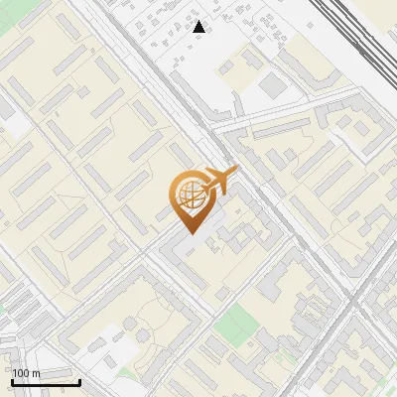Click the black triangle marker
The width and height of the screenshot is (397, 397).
coord(199,27)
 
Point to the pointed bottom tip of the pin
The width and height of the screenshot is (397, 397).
coord(189,234)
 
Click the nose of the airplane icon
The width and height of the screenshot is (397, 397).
coord(236,170)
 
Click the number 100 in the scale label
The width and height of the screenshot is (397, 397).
coord(21,373)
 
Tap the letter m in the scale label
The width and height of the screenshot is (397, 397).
coord(36,373)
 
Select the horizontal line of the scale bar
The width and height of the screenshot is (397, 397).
coord(46,382)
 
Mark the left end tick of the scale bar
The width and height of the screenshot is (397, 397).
coord(12,380)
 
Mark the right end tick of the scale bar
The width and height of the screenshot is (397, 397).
coord(79,380)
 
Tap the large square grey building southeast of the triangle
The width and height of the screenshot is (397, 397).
coord(271,88)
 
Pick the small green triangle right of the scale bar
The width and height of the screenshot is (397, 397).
coord(123,375)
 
